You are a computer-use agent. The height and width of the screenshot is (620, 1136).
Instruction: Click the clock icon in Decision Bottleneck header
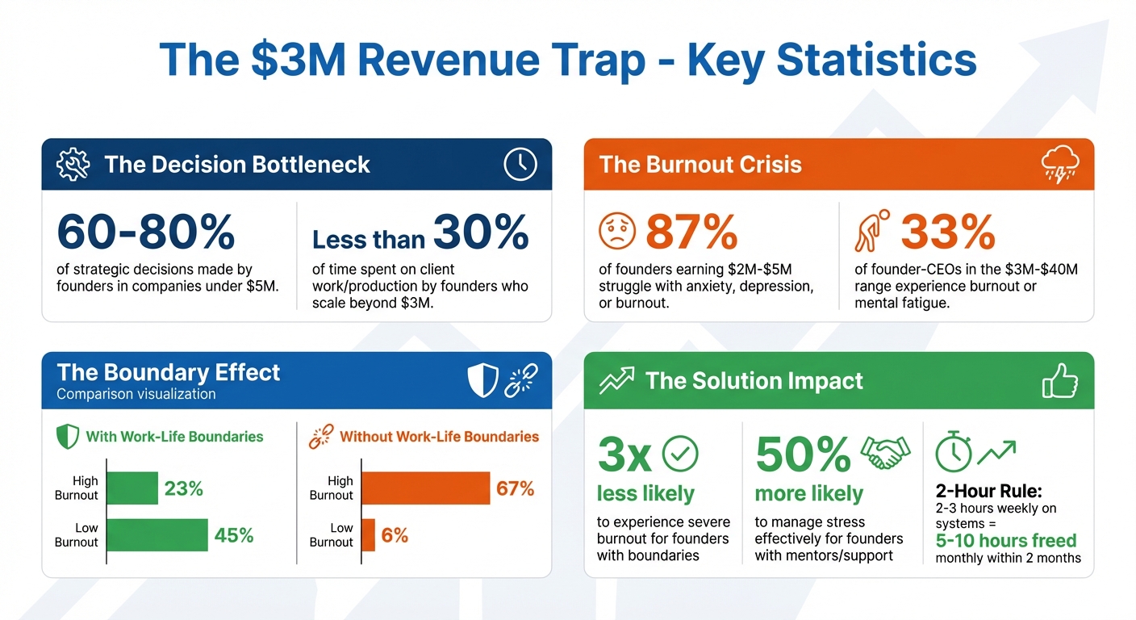pyautogui.click(x=520, y=164)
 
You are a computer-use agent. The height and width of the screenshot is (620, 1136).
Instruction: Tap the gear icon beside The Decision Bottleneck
pyautogui.click(x=73, y=165)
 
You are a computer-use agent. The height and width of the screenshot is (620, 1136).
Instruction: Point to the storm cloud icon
pyautogui.click(x=1060, y=165)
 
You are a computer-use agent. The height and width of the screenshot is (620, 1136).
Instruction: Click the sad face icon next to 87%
pyautogui.click(x=617, y=232)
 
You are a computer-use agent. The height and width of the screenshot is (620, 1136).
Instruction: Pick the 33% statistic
pyautogui.click(x=947, y=232)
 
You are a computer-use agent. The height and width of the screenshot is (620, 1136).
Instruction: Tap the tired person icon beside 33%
pyautogui.click(x=871, y=232)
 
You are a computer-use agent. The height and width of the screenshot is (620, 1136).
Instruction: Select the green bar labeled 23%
pyautogui.click(x=132, y=488)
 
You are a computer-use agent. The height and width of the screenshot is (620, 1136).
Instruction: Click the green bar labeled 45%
pyautogui.click(x=157, y=534)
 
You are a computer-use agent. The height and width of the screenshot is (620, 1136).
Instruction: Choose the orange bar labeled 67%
pyautogui.click(x=425, y=488)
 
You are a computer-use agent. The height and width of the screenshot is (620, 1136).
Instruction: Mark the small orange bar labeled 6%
pyautogui.click(x=368, y=534)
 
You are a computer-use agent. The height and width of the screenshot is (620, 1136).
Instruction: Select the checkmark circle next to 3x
pyautogui.click(x=679, y=455)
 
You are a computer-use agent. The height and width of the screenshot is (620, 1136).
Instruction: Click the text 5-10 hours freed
pyautogui.click(x=1006, y=540)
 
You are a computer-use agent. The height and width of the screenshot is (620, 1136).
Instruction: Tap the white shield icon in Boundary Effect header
pyautogui.click(x=483, y=379)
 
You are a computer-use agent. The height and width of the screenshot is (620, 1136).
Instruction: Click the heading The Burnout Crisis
pyautogui.click(x=700, y=165)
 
